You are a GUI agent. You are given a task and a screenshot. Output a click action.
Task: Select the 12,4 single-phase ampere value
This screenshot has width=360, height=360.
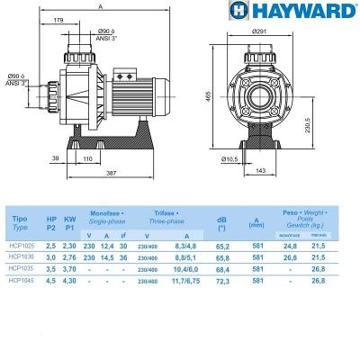[110, 245]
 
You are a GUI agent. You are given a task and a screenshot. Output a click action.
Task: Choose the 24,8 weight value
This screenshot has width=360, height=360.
[290, 245]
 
